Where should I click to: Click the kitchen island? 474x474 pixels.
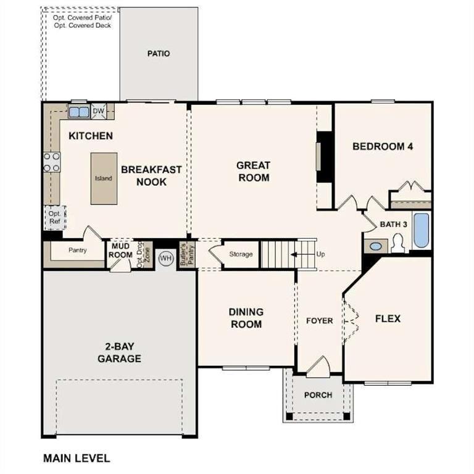tap(103, 178)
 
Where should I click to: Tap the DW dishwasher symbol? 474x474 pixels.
tap(98, 112)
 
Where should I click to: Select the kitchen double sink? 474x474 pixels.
tap(78, 112)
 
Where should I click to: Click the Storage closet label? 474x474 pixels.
tap(241, 254)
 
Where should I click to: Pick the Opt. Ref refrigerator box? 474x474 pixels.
tap(54, 217)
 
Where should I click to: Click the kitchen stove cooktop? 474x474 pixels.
tap(51, 162)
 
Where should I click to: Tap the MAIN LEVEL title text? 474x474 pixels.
tap(76, 458)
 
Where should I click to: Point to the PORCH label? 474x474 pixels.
tap(318, 395)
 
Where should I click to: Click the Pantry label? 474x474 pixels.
tap(77, 251)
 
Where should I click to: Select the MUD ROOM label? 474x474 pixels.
tap(121, 251)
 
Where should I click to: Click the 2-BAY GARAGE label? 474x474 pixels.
tap(119, 352)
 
